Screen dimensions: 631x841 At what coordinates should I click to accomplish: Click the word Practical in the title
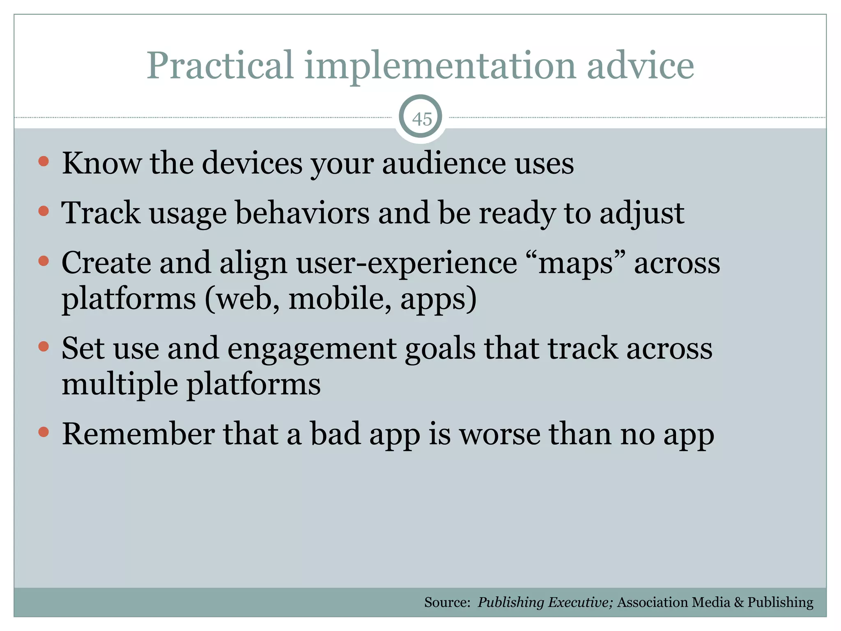[220, 66]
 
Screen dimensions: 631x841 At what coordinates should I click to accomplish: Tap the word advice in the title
[640, 66]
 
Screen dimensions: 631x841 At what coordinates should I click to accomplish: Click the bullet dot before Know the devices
[44, 161]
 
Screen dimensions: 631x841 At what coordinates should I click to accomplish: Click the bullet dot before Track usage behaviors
[44, 211]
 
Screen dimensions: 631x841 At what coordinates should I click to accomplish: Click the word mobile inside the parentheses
[340, 299]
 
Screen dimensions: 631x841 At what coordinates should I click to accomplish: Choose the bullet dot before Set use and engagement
[44, 347]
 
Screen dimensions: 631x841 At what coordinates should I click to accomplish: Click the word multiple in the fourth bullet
[120, 385]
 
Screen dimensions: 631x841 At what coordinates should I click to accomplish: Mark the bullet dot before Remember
[44, 432]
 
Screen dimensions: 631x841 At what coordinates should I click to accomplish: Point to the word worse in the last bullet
[499, 434]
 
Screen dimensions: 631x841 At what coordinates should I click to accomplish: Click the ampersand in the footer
[739, 602]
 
